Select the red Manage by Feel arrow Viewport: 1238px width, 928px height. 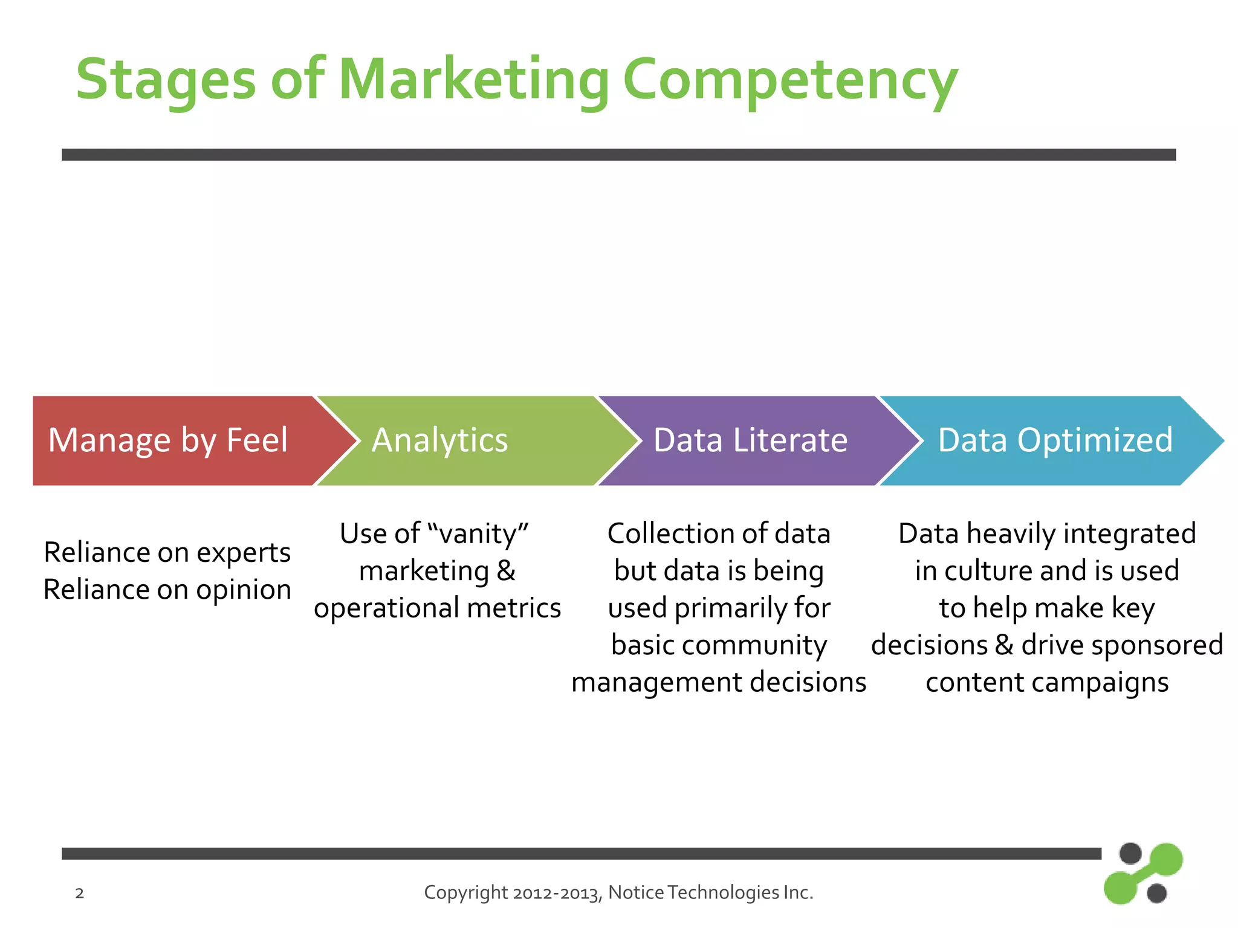(169, 440)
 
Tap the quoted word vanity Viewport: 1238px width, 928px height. (478, 534)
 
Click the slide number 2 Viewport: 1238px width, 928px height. (79, 893)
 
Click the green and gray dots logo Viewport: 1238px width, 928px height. (1142, 873)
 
